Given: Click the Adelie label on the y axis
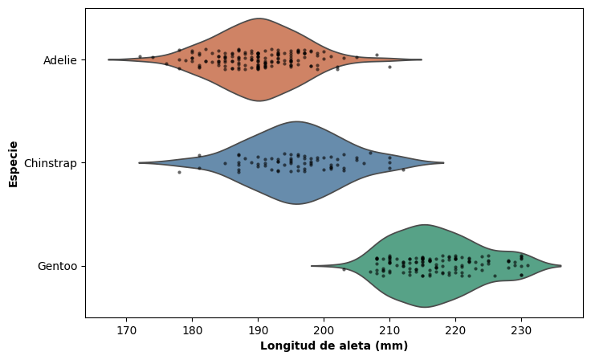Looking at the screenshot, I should [60, 60].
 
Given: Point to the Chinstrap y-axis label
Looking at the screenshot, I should [51, 163].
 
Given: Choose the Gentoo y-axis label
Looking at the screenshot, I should [58, 266].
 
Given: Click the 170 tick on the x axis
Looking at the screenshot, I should [126, 330].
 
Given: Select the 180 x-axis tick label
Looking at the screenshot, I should [192, 330].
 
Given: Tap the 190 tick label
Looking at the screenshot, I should [258, 330].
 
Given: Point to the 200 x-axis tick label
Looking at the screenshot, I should [324, 330].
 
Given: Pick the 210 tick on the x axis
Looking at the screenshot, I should [389, 330].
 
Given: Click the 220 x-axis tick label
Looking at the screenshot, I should [455, 330].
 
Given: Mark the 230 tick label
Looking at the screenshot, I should [521, 330].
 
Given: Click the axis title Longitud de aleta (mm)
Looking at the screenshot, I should [334, 346].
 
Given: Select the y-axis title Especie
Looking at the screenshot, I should [13, 163].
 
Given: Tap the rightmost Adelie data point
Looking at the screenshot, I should [389, 67].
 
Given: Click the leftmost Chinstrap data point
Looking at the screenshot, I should [179, 172].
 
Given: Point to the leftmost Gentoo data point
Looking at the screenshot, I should [344, 269].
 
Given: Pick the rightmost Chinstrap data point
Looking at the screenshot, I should [403, 170].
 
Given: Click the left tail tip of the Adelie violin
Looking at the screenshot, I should [109, 59].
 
